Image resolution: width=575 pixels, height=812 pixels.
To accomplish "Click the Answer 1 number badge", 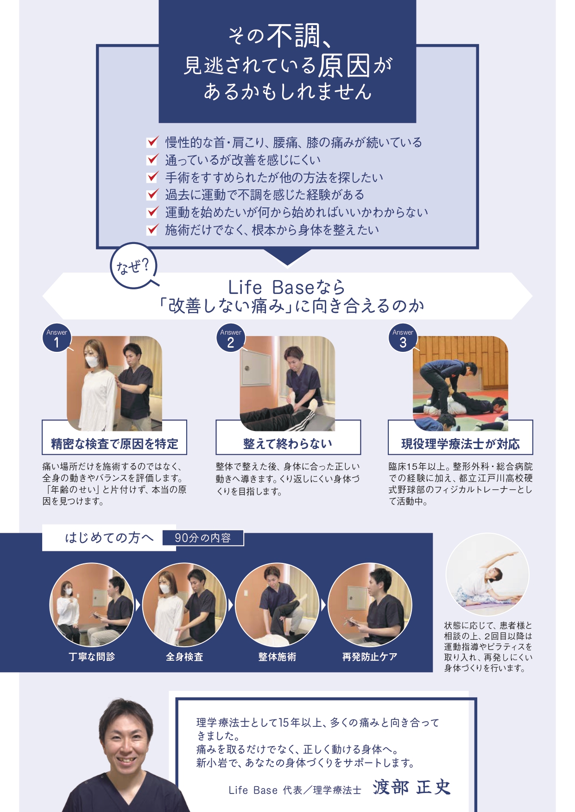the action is pyautogui.click(x=57, y=338).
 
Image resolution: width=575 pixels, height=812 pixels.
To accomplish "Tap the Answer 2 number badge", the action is pyautogui.click(x=231, y=338).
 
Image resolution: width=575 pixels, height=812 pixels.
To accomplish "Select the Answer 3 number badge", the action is pyautogui.click(x=403, y=338).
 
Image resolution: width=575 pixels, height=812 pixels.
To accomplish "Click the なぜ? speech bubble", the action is pyautogui.click(x=134, y=266).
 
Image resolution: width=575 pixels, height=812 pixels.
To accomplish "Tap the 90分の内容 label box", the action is pyautogui.click(x=203, y=538).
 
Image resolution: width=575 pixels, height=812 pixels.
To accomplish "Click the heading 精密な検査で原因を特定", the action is pyautogui.click(x=114, y=444).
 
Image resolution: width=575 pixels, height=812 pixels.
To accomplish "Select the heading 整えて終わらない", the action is pyautogui.click(x=288, y=444).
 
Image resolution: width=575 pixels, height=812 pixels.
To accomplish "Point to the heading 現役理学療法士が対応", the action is pyautogui.click(x=461, y=444).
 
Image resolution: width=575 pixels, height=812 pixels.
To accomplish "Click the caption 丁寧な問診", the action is pyautogui.click(x=92, y=656).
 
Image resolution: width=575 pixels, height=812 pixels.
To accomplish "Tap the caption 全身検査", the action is pyautogui.click(x=184, y=656).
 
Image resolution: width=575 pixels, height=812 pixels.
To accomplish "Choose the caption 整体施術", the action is pyautogui.click(x=277, y=656).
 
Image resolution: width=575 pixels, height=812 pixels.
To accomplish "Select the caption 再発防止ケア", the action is pyautogui.click(x=370, y=656).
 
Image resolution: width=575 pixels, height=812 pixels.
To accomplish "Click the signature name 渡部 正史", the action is pyautogui.click(x=411, y=787).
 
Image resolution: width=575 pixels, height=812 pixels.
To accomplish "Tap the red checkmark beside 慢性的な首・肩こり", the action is pyautogui.click(x=152, y=142).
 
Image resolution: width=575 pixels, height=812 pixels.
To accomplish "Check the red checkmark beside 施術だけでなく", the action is pyautogui.click(x=152, y=229).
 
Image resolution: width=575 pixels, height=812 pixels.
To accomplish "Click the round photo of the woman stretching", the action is pyautogui.click(x=487, y=575).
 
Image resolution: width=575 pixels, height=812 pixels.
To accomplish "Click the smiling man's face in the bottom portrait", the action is pyautogui.click(x=126, y=740).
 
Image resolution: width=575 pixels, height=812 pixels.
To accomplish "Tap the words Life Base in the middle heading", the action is pyautogui.click(x=272, y=287).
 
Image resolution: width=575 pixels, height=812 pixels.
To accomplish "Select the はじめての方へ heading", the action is pyautogui.click(x=109, y=538).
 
